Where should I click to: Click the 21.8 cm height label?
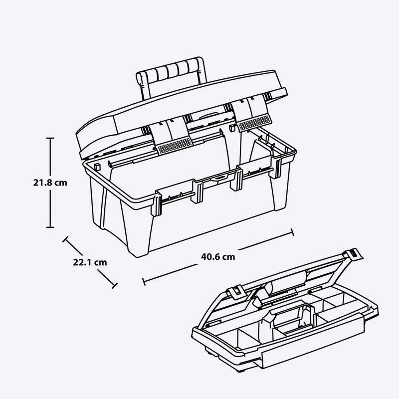50,183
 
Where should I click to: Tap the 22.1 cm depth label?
90,261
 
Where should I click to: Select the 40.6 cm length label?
218,257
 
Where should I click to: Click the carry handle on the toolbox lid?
169,74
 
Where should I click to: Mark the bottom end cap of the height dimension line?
50,227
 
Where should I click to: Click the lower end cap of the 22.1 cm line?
115,286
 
